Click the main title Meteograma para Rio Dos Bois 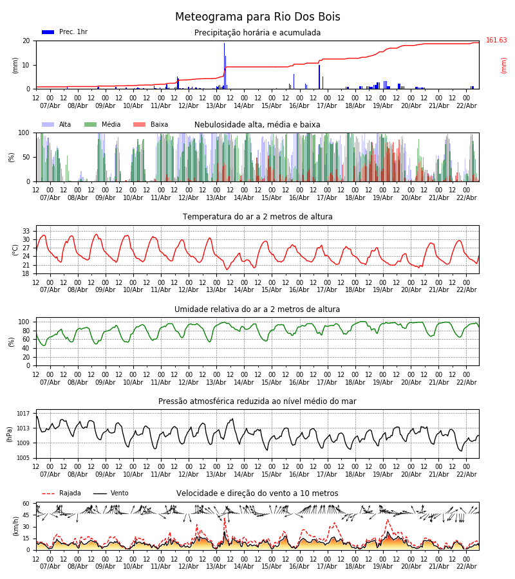[x=257, y=17]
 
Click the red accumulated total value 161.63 [x=496, y=41]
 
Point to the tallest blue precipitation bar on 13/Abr [x=224, y=64]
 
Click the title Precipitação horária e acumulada [x=257, y=33]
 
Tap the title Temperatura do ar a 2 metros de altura [x=257, y=217]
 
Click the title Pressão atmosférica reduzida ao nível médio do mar [x=257, y=401]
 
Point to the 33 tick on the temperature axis [x=26, y=231]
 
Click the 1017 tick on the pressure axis [x=23, y=414]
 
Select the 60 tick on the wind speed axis [x=26, y=504]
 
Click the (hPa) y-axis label [x=10, y=434]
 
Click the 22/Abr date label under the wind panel [x=466, y=566]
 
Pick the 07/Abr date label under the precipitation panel [x=50, y=106]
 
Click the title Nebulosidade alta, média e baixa [x=257, y=125]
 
